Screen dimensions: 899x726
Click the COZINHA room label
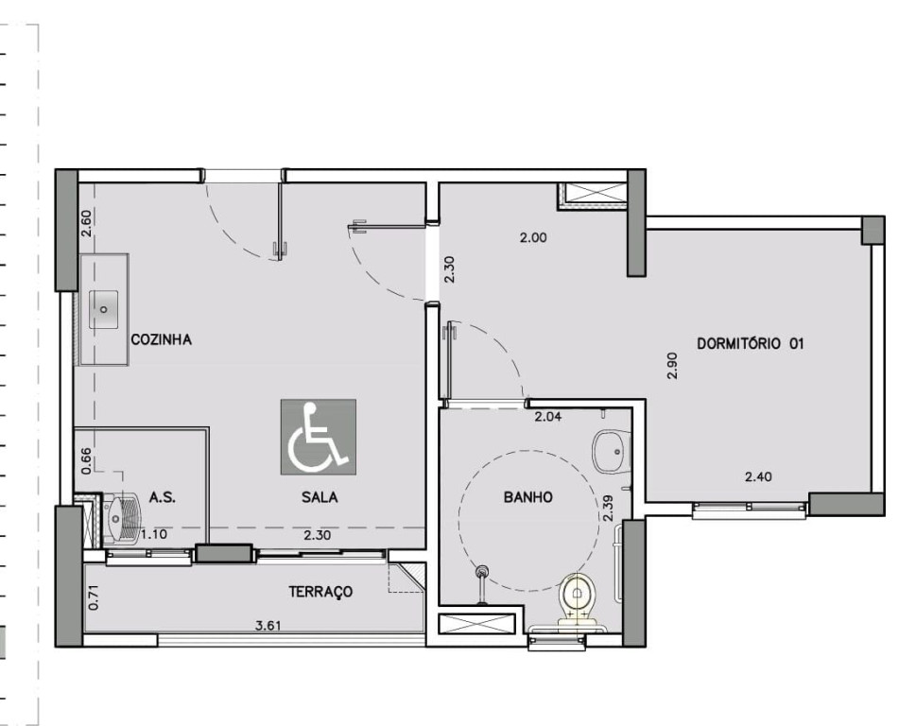(x=161, y=339)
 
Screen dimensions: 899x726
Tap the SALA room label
(x=320, y=497)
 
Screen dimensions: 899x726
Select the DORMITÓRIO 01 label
(x=750, y=343)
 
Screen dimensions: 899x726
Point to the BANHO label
(x=528, y=497)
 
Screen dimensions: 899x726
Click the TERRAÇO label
(x=320, y=592)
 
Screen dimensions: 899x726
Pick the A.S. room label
(x=163, y=497)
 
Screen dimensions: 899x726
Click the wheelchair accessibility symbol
(x=319, y=437)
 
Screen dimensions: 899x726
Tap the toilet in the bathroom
(x=578, y=597)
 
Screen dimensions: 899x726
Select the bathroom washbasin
(x=612, y=451)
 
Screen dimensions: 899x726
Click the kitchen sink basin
(x=104, y=309)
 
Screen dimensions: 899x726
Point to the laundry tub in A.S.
(x=119, y=517)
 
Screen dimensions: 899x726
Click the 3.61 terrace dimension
(x=268, y=625)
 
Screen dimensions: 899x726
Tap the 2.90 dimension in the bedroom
(x=673, y=365)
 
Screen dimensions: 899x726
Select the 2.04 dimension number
(x=548, y=417)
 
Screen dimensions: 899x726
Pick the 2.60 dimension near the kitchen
(x=86, y=224)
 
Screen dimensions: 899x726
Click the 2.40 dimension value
(x=758, y=476)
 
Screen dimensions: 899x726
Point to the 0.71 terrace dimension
(x=95, y=597)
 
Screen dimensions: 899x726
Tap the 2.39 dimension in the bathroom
(x=609, y=509)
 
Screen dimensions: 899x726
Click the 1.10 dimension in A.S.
(x=154, y=534)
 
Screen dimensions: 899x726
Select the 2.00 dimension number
(x=533, y=237)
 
